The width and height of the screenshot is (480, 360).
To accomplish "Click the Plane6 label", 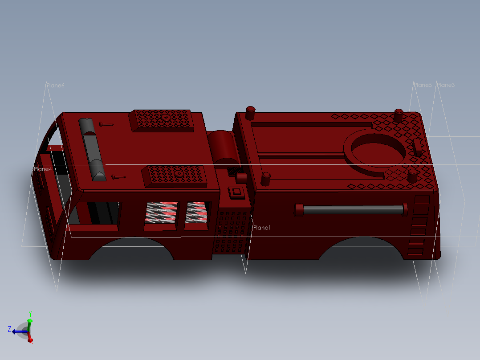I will pos(55,86).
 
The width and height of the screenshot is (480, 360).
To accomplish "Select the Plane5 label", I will pos(423,85).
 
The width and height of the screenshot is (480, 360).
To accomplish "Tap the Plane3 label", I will pos(446,85).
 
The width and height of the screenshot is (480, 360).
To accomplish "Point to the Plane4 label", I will pos(42,169).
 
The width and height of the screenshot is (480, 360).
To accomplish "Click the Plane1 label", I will pos(262,228).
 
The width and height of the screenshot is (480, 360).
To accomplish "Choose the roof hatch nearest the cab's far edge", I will pos(163,120).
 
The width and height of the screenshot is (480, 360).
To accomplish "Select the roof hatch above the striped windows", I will pos(175,175).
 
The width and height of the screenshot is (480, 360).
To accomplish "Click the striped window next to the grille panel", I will pos(196,213).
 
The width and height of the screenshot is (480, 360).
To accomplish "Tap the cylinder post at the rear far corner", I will pos(399,115).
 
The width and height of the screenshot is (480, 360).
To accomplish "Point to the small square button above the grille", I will pos(236,192).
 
